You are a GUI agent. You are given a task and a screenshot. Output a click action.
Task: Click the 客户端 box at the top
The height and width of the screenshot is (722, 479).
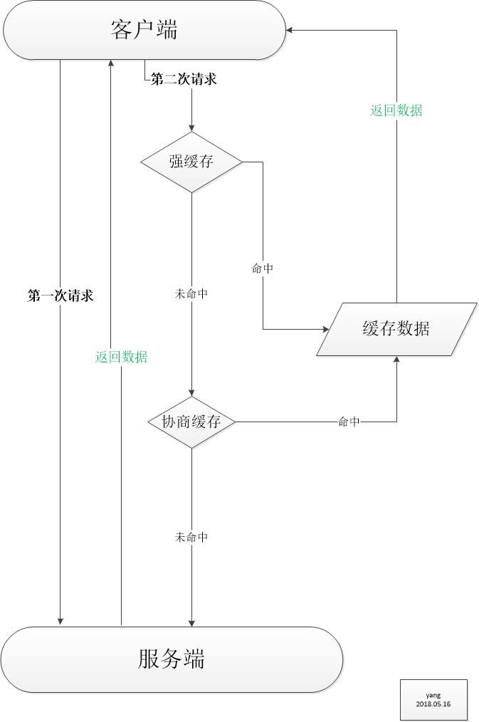(144, 30)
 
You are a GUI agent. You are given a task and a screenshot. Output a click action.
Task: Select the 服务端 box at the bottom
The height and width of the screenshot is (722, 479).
(172, 659)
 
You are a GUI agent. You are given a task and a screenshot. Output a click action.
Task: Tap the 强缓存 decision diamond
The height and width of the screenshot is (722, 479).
(191, 162)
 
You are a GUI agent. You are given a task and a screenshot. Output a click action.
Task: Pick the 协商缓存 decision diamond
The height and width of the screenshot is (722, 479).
(191, 422)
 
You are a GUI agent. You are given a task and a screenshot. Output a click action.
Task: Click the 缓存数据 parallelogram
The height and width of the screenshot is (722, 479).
(396, 329)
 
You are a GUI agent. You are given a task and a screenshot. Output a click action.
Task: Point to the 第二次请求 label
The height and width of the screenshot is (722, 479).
(184, 80)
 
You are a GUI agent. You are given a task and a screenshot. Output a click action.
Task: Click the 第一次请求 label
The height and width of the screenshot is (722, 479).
(60, 296)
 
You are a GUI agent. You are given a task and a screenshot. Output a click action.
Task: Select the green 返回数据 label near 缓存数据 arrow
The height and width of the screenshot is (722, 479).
(396, 110)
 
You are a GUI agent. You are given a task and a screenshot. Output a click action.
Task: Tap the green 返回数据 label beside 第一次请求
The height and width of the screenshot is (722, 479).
(122, 357)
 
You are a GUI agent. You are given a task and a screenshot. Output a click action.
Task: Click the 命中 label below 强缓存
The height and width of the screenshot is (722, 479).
(263, 268)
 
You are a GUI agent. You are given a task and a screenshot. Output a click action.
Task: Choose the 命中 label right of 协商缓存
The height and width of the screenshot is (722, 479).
(349, 422)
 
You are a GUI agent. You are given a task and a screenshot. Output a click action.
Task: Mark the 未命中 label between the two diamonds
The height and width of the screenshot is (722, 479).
(191, 293)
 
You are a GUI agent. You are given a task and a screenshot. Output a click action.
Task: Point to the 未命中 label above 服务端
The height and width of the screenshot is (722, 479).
(191, 537)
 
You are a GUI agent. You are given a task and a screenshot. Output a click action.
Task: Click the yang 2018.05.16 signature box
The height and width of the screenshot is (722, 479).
(433, 699)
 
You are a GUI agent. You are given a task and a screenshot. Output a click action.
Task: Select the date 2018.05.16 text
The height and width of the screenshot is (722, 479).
(433, 703)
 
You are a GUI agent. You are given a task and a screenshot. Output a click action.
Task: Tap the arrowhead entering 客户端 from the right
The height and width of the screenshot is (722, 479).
(290, 30)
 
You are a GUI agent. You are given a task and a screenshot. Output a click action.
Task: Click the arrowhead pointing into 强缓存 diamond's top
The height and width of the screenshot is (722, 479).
(191, 127)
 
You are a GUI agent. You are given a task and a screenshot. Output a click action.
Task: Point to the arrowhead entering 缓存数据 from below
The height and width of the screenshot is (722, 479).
(396, 360)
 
